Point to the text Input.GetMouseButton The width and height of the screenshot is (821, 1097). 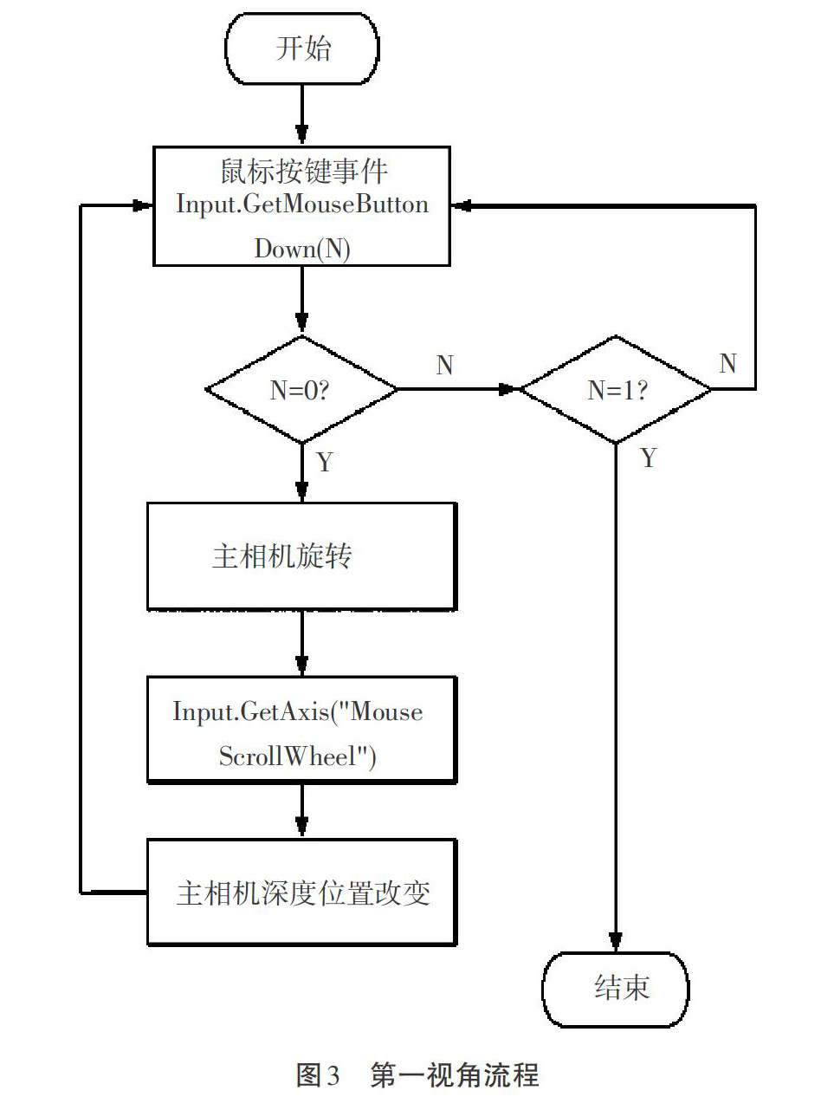pos(302,204)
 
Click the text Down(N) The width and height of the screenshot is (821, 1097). pos(302,249)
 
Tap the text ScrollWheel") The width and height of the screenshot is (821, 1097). pos(297,756)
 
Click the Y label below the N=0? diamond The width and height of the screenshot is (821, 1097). pos(325,462)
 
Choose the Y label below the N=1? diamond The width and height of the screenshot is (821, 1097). pos(648,458)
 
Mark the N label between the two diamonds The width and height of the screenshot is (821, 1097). pos(444,365)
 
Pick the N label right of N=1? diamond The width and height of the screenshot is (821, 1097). pos(727,363)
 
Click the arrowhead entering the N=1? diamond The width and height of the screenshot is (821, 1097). pos(510,389)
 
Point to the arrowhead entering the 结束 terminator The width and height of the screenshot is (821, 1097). pos(616,942)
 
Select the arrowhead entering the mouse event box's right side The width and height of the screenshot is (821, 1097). pos(461,205)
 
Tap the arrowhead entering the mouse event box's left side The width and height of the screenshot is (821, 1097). pos(143,205)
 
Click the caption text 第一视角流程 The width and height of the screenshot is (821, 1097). pos(455,1074)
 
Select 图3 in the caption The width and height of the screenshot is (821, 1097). pos(318,1074)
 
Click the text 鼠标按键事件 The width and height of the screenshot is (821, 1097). pos(304,171)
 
